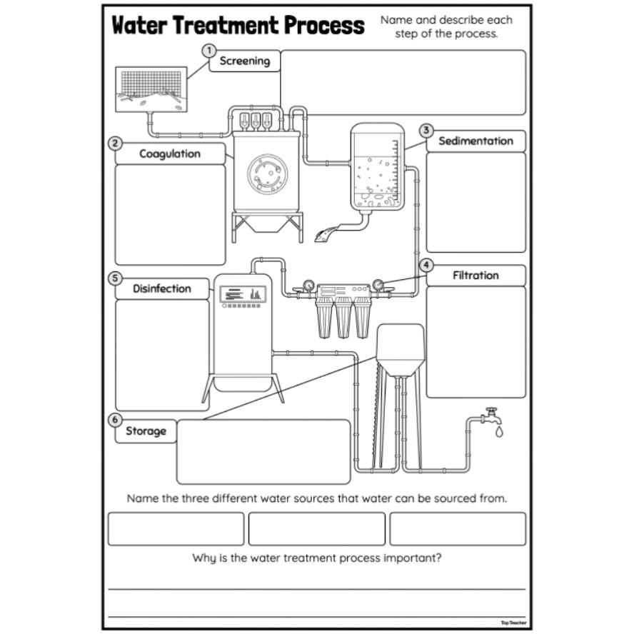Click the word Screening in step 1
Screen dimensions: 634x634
[244, 61]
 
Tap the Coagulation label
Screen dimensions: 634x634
[170, 154]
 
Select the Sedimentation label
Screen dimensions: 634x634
[475, 141]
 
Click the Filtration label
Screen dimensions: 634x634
[475, 275]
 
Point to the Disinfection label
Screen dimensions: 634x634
[162, 288]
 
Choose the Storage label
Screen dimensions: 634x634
[146, 431]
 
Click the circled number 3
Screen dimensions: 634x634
[426, 130]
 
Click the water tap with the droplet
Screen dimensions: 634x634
[491, 419]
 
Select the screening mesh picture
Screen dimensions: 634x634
[151, 89]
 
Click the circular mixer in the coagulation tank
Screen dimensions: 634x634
[267, 172]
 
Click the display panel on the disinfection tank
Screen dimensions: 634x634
[242, 293]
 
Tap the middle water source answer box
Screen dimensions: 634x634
[316, 528]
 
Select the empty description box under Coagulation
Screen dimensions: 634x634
[170, 214]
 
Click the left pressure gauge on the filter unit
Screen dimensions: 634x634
[308, 284]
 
